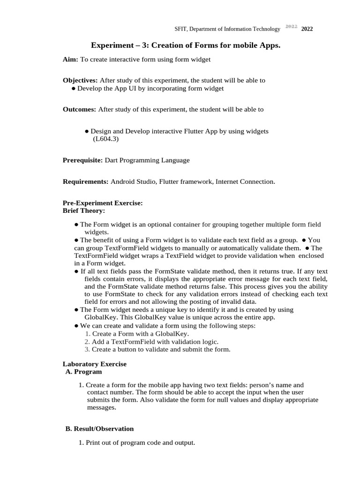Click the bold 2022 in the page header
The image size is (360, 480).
[x=307, y=29]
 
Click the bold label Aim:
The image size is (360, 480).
[x=71, y=59]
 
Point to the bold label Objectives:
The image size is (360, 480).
[x=80, y=80]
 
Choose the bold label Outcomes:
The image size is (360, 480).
[x=79, y=109]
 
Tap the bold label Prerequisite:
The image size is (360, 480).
[x=82, y=160]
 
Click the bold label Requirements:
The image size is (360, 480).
[x=86, y=181]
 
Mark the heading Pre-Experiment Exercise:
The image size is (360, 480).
[x=103, y=203]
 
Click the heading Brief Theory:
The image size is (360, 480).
[x=84, y=210]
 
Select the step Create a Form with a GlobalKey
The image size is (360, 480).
[x=140, y=334]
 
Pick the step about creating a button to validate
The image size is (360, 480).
[x=161, y=349]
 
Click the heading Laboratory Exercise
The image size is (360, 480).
[x=94, y=364]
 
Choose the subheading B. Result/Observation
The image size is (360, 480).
[x=99, y=428]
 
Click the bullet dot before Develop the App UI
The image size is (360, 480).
[x=74, y=88]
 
